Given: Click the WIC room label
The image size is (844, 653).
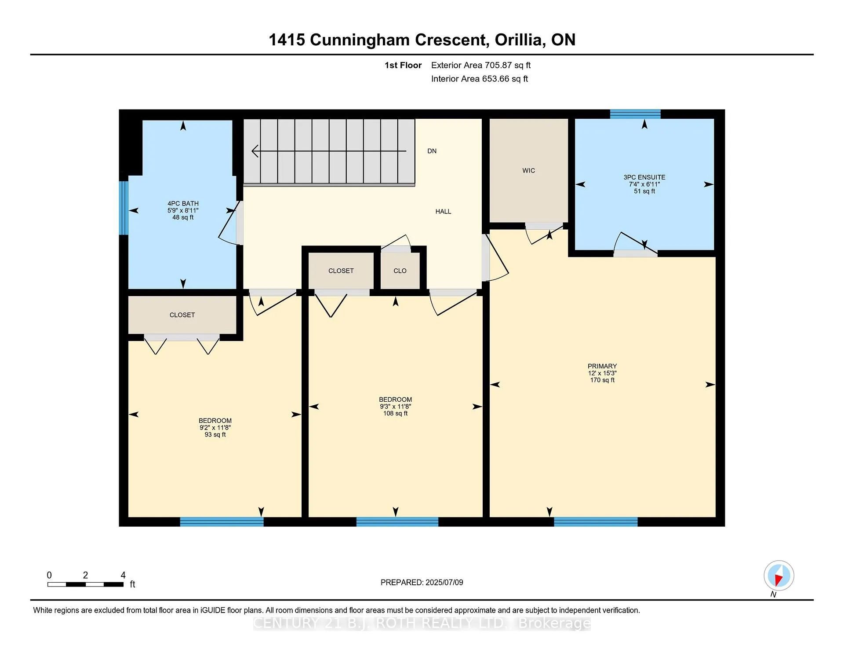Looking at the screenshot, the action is click(528, 171).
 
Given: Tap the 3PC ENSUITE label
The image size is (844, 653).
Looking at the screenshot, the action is click(644, 177).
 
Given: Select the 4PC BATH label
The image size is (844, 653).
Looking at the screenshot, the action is click(183, 204).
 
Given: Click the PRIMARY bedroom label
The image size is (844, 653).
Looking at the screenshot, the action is click(602, 366).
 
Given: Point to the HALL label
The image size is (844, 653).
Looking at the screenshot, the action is click(443, 212).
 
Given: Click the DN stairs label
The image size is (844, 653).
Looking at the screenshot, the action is click(432, 151).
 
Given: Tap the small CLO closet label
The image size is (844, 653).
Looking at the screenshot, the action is click(400, 271).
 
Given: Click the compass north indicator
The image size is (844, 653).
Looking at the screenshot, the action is click(779, 576).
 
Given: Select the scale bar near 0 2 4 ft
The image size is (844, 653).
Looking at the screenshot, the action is click(86, 584).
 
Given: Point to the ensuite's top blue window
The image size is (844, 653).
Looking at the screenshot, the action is click(635, 114).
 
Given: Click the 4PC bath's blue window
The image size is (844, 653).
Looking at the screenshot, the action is click(124, 208).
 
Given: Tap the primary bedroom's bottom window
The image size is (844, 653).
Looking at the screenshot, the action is click(596, 522).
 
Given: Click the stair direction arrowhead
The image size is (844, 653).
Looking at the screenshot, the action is click(255, 151).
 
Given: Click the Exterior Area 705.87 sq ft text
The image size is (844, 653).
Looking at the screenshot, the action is click(481, 66).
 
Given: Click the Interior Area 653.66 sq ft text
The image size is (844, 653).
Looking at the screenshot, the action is click(480, 79).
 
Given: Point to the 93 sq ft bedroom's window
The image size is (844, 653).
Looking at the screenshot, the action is click(222, 522).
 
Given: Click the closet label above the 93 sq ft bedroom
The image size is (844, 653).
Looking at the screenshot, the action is click(182, 315).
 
